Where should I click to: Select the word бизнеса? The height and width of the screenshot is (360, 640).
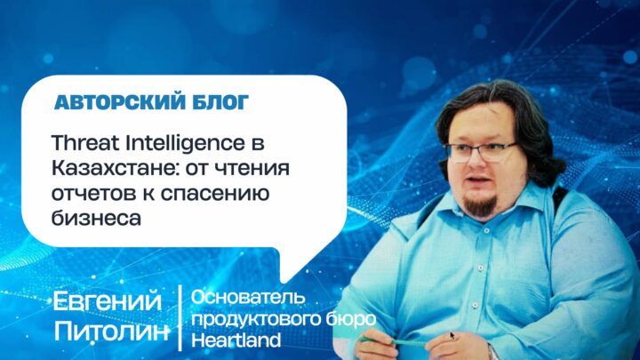click(x=96, y=219)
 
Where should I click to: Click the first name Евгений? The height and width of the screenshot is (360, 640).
click(x=108, y=302)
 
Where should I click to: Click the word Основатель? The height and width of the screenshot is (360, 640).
click(x=248, y=298)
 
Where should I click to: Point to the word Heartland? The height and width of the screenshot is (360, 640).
click(x=236, y=340)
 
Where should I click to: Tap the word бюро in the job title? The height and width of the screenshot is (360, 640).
click(x=350, y=320)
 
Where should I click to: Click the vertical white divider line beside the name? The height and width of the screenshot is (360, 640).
click(x=180, y=318)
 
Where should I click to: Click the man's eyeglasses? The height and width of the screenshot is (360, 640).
click(x=481, y=152)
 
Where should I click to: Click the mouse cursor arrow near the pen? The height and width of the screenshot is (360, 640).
click(x=452, y=336)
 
